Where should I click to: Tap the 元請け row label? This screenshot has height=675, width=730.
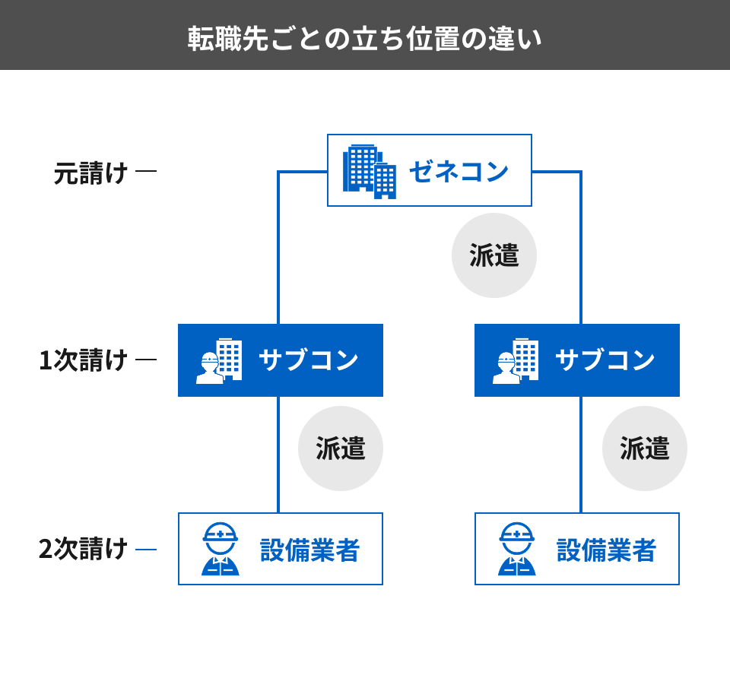click(90, 173)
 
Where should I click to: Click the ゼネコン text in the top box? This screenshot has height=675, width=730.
click(459, 171)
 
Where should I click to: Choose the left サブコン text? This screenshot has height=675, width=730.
click(308, 360)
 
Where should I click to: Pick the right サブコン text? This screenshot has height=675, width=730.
click(605, 360)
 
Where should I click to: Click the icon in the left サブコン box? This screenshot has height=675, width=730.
click(219, 361)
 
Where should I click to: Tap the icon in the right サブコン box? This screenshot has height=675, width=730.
click(516, 361)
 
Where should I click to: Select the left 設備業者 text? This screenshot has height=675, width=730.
click(309, 550)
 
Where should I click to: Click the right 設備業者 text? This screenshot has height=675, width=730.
click(606, 550)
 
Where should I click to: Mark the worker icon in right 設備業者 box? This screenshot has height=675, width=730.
click(517, 549)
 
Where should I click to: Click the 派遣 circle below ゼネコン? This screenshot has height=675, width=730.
click(494, 255)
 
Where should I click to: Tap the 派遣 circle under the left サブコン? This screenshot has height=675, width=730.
click(341, 448)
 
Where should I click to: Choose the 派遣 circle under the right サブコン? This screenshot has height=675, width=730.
click(645, 448)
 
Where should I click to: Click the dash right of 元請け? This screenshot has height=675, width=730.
click(146, 171)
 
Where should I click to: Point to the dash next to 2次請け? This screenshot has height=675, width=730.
click(146, 549)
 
